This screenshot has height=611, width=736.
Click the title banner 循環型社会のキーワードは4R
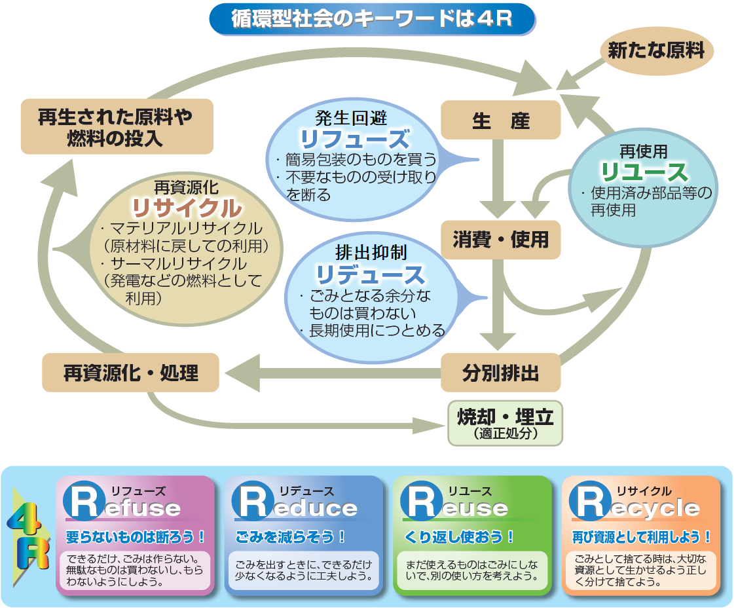pyautogui.click(x=371, y=19)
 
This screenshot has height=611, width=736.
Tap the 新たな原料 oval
pyautogui.click(x=655, y=51)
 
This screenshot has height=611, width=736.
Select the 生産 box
pyautogui.click(x=500, y=120)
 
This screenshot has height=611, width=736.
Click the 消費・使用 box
pyautogui.click(x=500, y=239)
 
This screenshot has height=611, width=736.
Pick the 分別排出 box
pyautogui.click(x=500, y=373)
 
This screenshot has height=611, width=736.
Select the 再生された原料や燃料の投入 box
pyautogui.click(x=117, y=126)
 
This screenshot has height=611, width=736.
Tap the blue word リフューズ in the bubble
pyautogui.click(x=355, y=140)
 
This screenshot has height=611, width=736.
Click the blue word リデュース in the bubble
pyautogui.click(x=371, y=274)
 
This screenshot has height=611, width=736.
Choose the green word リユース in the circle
pyautogui.click(x=644, y=173)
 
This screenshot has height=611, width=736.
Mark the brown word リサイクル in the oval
pyautogui.click(x=186, y=208)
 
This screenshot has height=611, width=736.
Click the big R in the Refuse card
pyautogui.click(x=84, y=502)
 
